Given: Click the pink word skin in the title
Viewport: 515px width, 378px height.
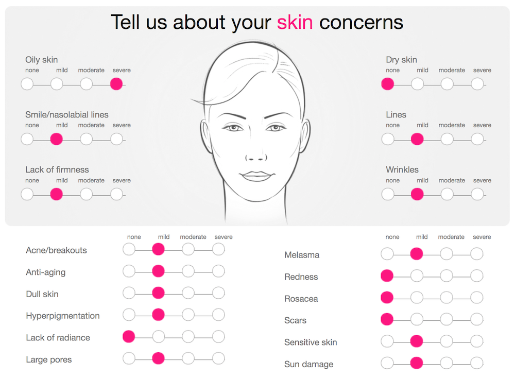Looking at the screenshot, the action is [x=295, y=22].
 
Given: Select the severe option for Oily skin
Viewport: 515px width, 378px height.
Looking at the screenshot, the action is [x=116, y=84].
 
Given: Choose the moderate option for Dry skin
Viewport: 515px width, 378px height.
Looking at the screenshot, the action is [x=447, y=84].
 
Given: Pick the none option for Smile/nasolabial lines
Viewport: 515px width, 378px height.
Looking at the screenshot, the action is [x=27, y=139].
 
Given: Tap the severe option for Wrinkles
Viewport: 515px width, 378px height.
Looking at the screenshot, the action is [x=477, y=194].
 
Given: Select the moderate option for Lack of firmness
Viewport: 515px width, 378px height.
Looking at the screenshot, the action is [x=87, y=194].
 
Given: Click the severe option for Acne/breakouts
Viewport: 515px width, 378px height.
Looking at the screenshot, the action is [x=218, y=249].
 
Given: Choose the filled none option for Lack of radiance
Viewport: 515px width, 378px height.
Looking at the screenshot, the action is [x=129, y=337].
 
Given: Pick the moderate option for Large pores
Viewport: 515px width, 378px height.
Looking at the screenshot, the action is [x=188, y=358].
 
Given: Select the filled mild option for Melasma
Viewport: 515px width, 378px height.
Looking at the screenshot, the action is [x=417, y=253].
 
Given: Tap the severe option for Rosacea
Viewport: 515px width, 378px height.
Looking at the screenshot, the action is [x=476, y=298].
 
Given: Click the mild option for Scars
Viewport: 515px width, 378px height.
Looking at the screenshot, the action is [x=417, y=319].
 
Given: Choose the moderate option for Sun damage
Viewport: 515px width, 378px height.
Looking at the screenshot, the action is [x=447, y=363].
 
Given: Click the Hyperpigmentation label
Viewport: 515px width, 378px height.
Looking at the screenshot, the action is [x=63, y=316].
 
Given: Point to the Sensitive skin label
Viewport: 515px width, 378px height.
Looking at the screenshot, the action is [x=311, y=342].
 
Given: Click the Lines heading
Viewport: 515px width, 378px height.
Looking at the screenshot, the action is [x=396, y=115].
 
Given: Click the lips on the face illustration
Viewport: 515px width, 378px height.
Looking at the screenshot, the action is [x=256, y=176].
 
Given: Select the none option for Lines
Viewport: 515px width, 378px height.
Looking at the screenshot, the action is [x=388, y=139].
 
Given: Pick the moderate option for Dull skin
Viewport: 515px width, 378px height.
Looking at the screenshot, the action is [x=188, y=293].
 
